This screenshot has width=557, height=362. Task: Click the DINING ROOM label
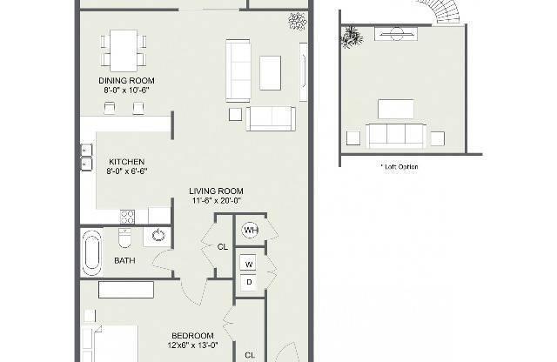coord(126,81)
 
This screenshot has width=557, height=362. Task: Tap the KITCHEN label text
coord(126,162)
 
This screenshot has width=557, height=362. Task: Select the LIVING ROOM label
coord(216,191)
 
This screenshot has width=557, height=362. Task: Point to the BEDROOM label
coord(192,336)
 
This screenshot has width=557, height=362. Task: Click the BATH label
coord(124,260)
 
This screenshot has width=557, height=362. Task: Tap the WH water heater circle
coord(251,230)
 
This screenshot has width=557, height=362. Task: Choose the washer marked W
coord(249,264)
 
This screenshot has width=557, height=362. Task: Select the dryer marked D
coord(249,283)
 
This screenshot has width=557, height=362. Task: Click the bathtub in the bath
coord(91,252)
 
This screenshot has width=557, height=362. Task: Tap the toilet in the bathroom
coord(124,238)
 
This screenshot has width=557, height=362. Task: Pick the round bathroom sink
coord(158,235)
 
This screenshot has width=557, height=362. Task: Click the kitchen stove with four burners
coord(127,217)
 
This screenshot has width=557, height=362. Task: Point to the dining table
coord(124,50)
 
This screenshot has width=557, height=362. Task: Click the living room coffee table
coord(271,73)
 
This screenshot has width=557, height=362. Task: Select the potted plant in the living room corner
coord(297,21)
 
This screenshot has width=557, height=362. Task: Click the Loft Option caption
coord(399,166)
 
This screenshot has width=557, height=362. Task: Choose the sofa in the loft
coord(396,136)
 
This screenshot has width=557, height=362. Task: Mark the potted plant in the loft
coord(352,37)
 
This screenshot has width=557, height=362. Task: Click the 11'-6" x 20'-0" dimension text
coord(217,201)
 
